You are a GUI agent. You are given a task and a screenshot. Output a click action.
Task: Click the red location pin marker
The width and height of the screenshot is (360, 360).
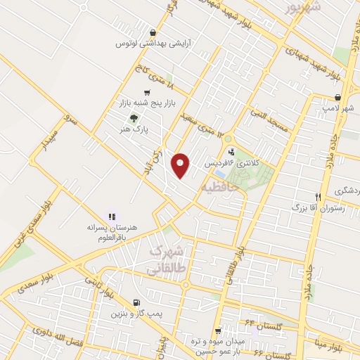click(181, 165)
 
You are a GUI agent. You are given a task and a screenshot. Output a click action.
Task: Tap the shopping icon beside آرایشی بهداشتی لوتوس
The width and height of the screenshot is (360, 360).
click(153, 32)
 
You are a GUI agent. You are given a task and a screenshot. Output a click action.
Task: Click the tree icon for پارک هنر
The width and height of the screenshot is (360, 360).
click(134, 118)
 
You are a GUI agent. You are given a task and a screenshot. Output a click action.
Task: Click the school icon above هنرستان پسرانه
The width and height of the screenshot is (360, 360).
click(110, 217)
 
